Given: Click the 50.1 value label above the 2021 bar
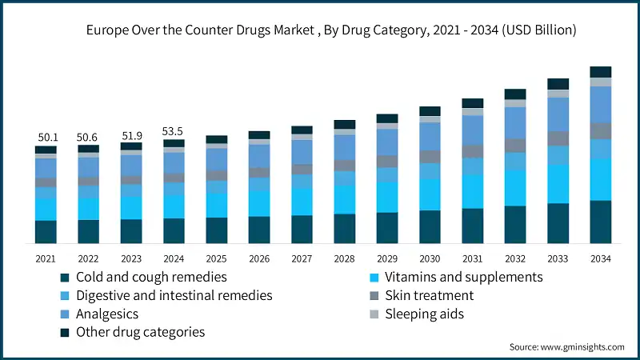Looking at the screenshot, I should pos(46,138).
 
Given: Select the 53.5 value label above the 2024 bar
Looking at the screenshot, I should pos(174,131).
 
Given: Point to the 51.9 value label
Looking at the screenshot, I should pos(131,135).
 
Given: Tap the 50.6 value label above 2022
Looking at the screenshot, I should pos(88,138).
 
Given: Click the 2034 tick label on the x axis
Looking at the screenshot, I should pos(600,258).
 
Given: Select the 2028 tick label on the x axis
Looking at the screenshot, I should pos(344,258).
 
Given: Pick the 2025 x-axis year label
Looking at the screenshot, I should pos(216,258).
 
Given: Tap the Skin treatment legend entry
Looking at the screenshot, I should pos(429,295).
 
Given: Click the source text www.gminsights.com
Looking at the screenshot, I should pos(566,347).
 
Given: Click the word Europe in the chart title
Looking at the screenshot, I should pos(107,30).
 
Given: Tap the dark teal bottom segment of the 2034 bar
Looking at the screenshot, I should pos(600,222).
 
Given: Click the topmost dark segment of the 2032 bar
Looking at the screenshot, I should pos(515,94).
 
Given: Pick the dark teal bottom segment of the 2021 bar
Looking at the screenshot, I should pos(46,231).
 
